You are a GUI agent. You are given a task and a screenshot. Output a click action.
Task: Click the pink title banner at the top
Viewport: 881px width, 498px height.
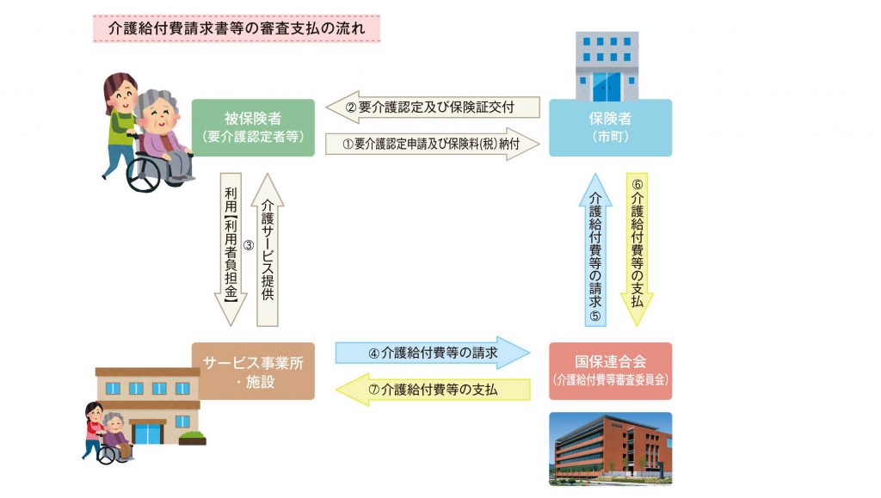click(x=237, y=28)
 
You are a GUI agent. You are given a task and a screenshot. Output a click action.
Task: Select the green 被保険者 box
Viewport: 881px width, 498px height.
click(x=253, y=127)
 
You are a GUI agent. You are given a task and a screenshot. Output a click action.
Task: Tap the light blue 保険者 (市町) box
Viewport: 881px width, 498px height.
click(x=610, y=127)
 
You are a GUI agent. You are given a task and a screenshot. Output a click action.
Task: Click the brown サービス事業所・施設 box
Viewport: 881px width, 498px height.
click(x=253, y=371)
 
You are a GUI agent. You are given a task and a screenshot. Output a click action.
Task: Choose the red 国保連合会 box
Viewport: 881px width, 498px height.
click(x=610, y=371)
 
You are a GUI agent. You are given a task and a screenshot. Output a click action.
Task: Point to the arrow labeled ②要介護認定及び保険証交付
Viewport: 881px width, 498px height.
click(x=433, y=108)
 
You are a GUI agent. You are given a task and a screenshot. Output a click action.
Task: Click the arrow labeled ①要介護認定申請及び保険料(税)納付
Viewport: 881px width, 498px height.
click(x=433, y=144)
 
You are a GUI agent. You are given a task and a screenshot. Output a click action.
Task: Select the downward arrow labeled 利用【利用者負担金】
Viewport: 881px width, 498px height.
click(x=231, y=249)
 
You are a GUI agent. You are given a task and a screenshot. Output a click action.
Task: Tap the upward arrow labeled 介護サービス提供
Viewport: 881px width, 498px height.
click(x=268, y=249)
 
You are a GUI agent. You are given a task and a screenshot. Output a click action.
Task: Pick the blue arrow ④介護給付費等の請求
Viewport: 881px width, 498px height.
click(x=433, y=353)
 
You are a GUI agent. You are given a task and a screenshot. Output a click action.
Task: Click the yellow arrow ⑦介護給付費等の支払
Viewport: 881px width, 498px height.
click(x=433, y=390)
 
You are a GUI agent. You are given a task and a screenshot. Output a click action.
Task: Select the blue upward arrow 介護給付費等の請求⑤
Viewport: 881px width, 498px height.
click(x=595, y=249)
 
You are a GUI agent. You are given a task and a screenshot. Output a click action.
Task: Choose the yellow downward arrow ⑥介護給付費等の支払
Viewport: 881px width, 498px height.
click(x=637, y=249)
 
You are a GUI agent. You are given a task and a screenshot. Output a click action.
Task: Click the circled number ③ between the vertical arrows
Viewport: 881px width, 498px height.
click(x=249, y=245)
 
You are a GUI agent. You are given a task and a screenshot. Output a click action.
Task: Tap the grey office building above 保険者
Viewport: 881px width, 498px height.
click(x=607, y=66)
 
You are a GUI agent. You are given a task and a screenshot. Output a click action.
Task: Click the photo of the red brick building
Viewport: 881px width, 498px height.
click(x=610, y=449)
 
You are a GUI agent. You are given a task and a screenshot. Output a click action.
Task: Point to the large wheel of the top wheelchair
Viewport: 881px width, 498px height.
click(x=146, y=172)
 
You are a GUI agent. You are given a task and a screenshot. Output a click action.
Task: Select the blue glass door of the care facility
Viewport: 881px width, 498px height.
click(x=148, y=434)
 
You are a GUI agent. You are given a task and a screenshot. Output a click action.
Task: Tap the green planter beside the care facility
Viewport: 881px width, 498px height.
click(x=192, y=438)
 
